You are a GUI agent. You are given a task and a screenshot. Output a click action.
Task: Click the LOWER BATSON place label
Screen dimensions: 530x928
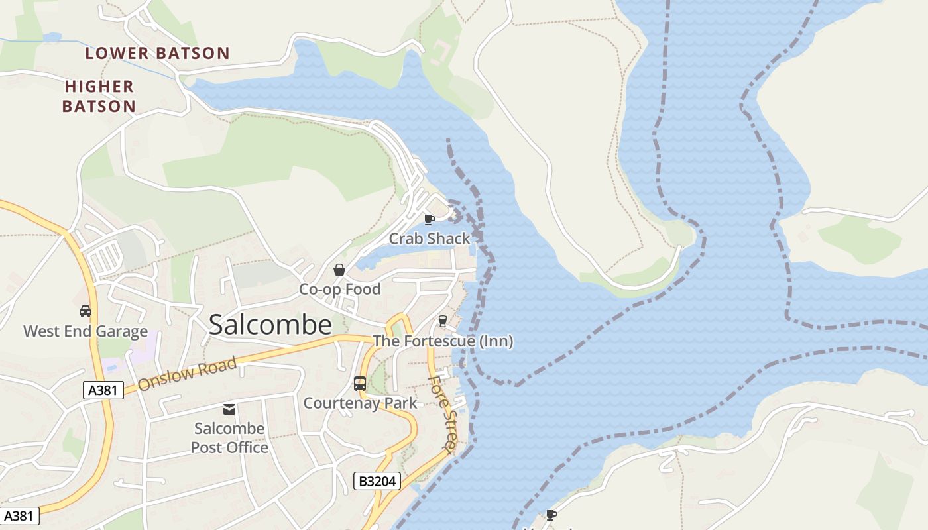[157, 54]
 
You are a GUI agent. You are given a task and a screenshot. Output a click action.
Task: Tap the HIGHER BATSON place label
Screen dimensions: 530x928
[99, 96]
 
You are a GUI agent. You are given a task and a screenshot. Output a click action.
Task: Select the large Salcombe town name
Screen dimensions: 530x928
[270, 325]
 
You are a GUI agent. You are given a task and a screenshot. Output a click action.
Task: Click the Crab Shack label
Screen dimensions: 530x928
[429, 238]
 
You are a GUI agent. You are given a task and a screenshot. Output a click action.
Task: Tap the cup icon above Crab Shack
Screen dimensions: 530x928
[429, 219]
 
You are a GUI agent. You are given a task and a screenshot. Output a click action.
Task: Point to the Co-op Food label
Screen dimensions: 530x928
[339, 290]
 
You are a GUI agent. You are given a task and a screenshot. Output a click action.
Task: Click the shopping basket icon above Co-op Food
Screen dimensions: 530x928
[339, 270]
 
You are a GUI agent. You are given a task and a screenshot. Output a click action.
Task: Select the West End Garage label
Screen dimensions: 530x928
[86, 331]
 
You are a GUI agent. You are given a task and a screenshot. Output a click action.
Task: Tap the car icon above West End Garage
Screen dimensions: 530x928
[85, 311]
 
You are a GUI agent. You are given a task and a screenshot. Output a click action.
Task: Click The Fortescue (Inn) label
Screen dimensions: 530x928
[443, 341]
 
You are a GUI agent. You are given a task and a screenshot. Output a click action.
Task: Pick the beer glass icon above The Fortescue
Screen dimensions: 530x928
[442, 321]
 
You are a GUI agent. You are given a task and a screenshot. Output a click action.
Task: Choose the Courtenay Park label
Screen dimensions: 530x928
[360, 403]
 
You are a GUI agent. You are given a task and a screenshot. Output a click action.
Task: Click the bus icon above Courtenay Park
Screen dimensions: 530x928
[359, 383]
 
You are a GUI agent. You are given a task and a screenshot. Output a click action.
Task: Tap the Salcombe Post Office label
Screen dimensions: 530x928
[229, 438]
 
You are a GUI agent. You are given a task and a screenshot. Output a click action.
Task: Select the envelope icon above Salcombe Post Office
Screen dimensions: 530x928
[229, 409]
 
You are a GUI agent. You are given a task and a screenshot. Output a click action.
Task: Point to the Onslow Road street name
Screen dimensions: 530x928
[187, 375]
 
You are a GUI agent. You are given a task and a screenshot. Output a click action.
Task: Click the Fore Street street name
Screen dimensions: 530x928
[441, 415]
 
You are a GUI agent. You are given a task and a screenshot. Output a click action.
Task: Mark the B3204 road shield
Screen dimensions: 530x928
[377, 481]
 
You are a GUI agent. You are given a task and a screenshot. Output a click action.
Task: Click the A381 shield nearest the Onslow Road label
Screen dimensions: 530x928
[104, 390]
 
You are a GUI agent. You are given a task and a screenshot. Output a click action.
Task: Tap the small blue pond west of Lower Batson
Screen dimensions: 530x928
[52, 37]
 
